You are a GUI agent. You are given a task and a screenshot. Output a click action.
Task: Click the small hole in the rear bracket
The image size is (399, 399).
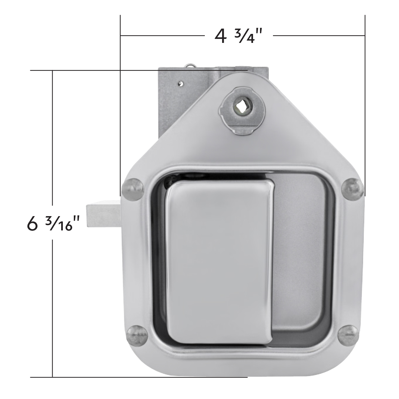point(180,83)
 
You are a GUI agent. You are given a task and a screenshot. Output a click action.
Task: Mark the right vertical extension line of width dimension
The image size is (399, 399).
point(365,100)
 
